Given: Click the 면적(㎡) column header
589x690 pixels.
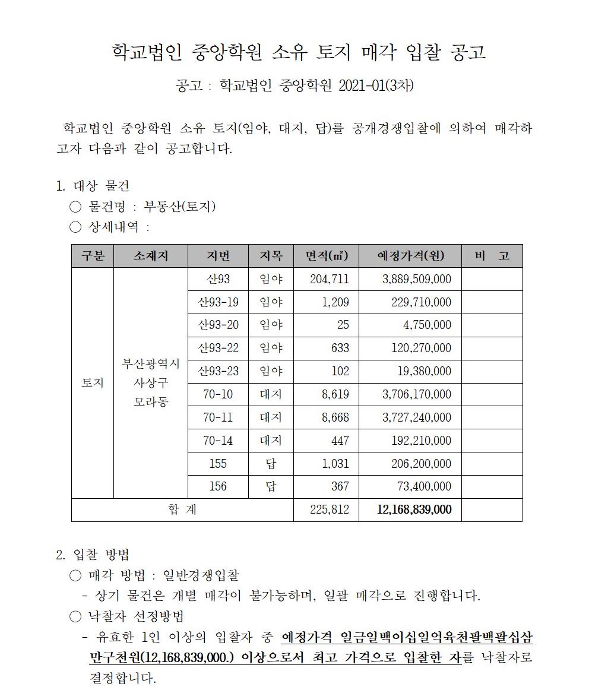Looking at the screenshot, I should (x=326, y=256).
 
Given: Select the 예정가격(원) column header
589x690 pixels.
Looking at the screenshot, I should (x=410, y=256).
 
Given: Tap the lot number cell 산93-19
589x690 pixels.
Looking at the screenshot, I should (x=218, y=302).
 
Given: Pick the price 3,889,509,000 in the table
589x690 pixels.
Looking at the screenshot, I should (x=416, y=279).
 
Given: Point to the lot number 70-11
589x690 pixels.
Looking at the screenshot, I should (x=218, y=417).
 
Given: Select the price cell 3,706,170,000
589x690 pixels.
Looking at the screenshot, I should (x=416, y=394).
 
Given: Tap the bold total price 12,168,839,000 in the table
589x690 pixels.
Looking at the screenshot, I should (x=414, y=509).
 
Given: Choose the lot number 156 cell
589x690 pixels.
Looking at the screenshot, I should (x=218, y=486).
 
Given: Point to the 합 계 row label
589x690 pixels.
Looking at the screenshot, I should (x=182, y=509).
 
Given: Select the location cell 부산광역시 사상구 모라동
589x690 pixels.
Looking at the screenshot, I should (x=151, y=383).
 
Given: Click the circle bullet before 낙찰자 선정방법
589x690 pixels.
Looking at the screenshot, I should (x=75, y=616).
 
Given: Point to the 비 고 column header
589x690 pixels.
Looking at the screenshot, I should (x=492, y=256).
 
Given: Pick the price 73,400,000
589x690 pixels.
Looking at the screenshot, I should (x=423, y=486).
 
